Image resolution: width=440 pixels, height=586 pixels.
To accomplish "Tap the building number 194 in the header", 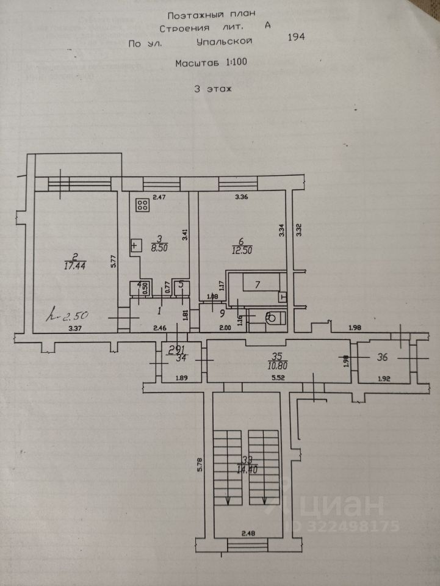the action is tap(296, 37).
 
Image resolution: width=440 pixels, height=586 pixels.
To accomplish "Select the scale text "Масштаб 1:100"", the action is tap(211, 62).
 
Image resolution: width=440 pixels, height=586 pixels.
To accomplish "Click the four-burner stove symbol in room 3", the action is tap(143, 206).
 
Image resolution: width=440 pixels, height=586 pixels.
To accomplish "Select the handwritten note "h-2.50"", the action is tap(68, 316).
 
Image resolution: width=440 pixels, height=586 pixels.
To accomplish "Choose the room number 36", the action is tap(383, 358).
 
